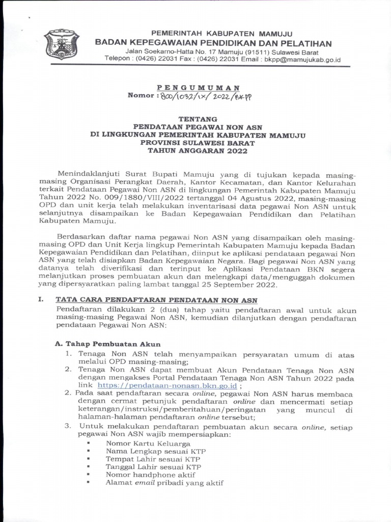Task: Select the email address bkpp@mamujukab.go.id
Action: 302,60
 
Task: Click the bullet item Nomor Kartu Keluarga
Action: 141,443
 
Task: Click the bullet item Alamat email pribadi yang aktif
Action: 164,483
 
